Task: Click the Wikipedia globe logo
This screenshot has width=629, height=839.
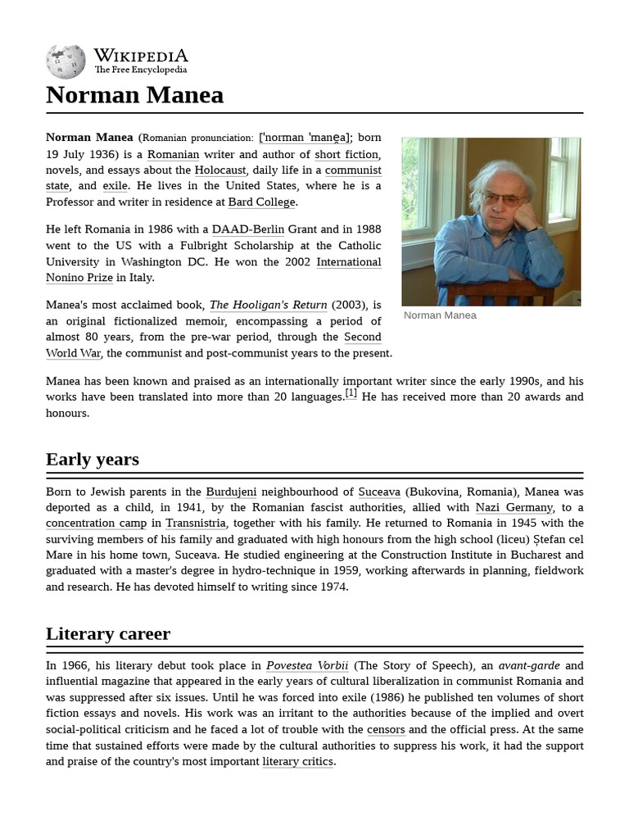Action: coord(66,61)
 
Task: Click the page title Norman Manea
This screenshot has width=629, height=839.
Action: coord(134,95)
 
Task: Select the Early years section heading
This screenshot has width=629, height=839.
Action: coord(93,459)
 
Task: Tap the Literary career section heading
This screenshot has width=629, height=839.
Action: coord(108,633)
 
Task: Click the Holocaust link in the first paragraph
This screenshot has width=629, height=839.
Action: coord(220,170)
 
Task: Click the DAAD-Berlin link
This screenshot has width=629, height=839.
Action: coord(248,229)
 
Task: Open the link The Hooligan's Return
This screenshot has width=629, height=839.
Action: coord(268,305)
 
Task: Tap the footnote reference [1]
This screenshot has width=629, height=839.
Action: coord(351,393)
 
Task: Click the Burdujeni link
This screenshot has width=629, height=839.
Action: coord(231,492)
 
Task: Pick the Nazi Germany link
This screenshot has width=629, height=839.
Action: coord(514,507)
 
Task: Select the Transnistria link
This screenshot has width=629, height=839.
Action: coord(195,523)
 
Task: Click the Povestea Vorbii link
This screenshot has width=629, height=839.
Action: coord(307,665)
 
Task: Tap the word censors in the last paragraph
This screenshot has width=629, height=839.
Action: coord(386,729)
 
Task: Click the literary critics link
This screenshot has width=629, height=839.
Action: coord(297,761)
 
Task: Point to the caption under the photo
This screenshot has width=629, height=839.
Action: coord(440,315)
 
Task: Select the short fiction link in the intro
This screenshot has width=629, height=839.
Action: coord(346,154)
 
